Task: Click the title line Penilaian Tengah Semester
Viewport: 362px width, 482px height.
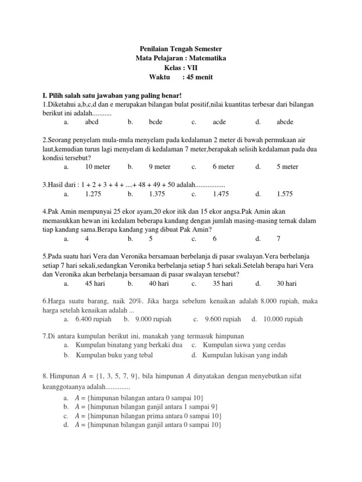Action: click(181, 49)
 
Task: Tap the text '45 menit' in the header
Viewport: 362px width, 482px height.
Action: click(201, 77)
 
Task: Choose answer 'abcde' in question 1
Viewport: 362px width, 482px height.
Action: click(285, 122)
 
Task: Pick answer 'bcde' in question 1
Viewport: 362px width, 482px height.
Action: click(156, 122)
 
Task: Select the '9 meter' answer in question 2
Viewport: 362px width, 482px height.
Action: click(160, 167)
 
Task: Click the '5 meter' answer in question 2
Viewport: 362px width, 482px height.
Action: click(288, 167)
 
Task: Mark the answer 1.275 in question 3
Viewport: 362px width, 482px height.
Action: click(92, 193)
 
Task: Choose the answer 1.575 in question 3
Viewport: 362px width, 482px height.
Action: click(285, 193)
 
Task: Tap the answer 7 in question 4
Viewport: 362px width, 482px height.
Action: click(279, 239)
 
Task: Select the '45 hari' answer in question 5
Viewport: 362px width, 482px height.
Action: click(95, 283)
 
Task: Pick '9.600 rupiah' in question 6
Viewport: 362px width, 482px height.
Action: click(222, 319)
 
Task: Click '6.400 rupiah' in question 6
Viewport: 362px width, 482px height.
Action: click(93, 319)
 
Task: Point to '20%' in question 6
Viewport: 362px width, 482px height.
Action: click(137, 300)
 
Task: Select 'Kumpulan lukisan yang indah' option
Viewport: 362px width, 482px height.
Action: click(245, 355)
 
